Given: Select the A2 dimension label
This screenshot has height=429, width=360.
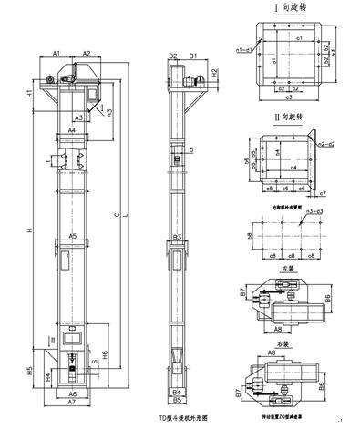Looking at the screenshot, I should (x=87, y=55).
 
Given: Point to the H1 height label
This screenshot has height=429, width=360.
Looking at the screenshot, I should (x=31, y=94).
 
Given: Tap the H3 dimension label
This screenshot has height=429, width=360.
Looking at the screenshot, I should (x=109, y=114).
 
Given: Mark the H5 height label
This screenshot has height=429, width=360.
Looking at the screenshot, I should (x=31, y=371).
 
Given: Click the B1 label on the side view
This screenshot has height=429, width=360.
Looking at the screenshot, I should (x=194, y=56).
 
